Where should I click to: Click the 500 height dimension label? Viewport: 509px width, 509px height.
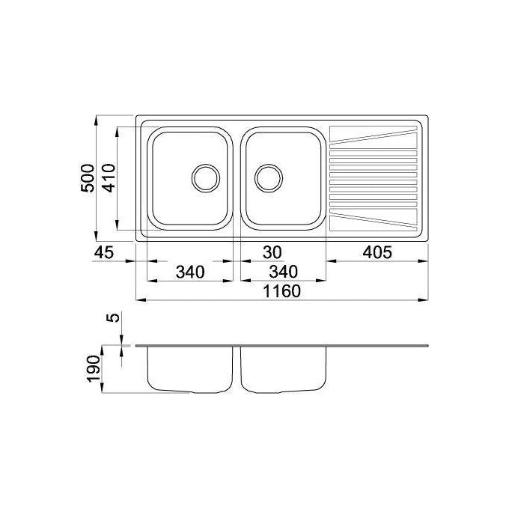pyautogui.click(x=88, y=178)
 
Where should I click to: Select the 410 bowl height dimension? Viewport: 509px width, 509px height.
pyautogui.click(x=109, y=178)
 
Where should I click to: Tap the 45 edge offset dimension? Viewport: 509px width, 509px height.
pyautogui.click(x=104, y=252)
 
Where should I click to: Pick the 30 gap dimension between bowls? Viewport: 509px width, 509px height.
pyautogui.click(x=272, y=252)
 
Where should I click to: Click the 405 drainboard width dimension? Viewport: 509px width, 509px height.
pyautogui.click(x=377, y=252)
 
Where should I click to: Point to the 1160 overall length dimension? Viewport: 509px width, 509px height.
pyautogui.click(x=281, y=291)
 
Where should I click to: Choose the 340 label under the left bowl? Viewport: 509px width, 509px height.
pyautogui.click(x=190, y=272)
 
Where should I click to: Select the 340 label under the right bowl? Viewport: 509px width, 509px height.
pyautogui.click(x=283, y=272)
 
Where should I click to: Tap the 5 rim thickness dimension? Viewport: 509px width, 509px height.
pyautogui.click(x=113, y=317)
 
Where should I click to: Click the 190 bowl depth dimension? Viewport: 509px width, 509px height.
pyautogui.click(x=94, y=369)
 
